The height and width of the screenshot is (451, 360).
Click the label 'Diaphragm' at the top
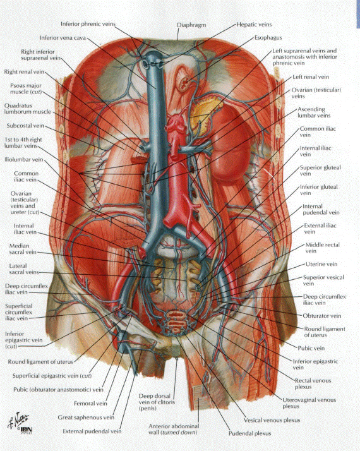pyautogui.click(x=191, y=25)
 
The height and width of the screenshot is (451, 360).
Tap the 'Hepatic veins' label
pyautogui.click(x=254, y=25)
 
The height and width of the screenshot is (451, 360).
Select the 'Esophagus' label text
pyautogui.click(x=268, y=38)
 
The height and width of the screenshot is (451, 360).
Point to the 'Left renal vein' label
pyautogui.click(x=311, y=77)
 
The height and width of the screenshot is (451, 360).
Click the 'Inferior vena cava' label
pyautogui.click(x=63, y=38)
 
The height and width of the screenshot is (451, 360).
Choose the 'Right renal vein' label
pyautogui.click(x=24, y=71)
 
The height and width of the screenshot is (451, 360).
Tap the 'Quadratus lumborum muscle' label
pyautogui.click(x=28, y=109)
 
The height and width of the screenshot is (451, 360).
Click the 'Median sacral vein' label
pyautogui.click(x=23, y=249)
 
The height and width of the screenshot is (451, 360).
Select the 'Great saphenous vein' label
pyautogui.click(x=86, y=417)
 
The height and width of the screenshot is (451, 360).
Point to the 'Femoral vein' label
pyautogui.click(x=90, y=403)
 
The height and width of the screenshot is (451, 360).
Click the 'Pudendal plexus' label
pyautogui.click(x=249, y=433)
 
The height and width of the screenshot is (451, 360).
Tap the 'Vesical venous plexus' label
pyautogui.click(x=272, y=420)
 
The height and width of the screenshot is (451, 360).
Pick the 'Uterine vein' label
pyautogui.click(x=321, y=264)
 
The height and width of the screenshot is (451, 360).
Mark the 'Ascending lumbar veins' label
pyautogui.click(x=314, y=112)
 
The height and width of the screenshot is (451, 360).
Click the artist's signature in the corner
pyautogui.click(x=18, y=420)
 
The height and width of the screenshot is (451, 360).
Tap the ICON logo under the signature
pyautogui.click(x=26, y=430)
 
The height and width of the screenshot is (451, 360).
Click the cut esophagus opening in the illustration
pyautogui.click(x=184, y=83)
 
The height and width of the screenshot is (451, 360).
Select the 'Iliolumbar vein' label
pyautogui.click(x=23, y=160)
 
